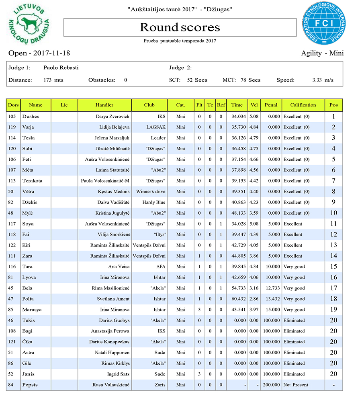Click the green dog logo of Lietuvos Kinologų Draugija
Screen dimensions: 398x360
29,25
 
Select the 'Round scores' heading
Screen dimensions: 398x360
180,27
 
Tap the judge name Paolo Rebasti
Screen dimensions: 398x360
61,68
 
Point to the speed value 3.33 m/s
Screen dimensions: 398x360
323,80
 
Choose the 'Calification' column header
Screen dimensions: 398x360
303,105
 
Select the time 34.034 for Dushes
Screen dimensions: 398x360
237,117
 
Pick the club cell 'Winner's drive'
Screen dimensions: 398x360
151,192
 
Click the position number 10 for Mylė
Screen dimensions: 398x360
333,213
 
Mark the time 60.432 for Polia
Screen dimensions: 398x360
237,299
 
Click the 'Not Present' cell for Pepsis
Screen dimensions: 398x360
295,385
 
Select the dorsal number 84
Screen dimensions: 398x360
13,385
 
